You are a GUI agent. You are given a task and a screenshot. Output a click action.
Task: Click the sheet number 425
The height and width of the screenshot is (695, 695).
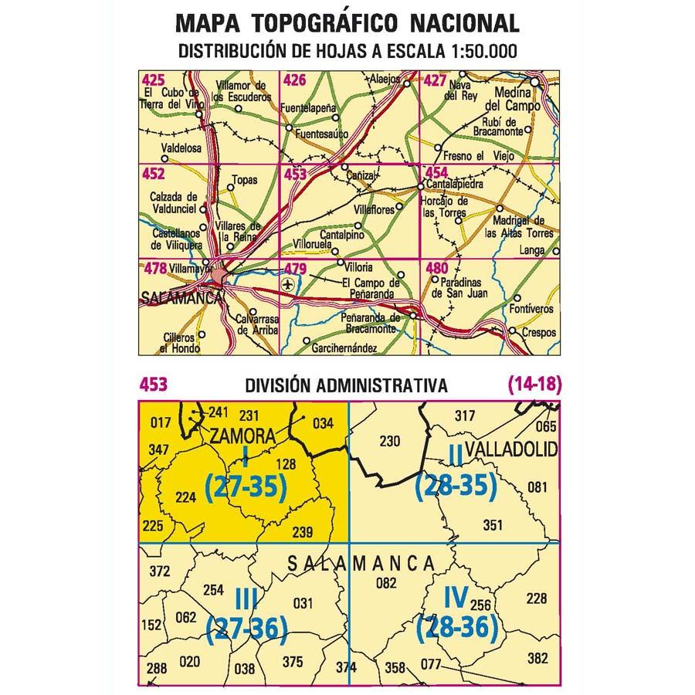(x=153, y=80)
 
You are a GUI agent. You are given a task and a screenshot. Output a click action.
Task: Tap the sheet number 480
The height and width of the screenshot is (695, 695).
(x=436, y=269)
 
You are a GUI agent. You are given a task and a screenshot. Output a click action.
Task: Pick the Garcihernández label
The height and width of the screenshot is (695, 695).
(x=344, y=349)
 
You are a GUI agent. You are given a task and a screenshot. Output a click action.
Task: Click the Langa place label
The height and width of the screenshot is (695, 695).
(x=533, y=250)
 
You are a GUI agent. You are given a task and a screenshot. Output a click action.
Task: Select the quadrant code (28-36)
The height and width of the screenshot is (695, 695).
(x=456, y=629)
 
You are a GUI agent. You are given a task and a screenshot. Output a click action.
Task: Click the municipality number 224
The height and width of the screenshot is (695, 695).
(x=186, y=497)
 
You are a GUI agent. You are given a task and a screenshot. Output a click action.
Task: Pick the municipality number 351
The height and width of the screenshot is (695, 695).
(x=492, y=526)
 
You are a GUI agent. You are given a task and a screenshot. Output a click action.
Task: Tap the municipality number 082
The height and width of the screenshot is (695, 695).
(x=385, y=583)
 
